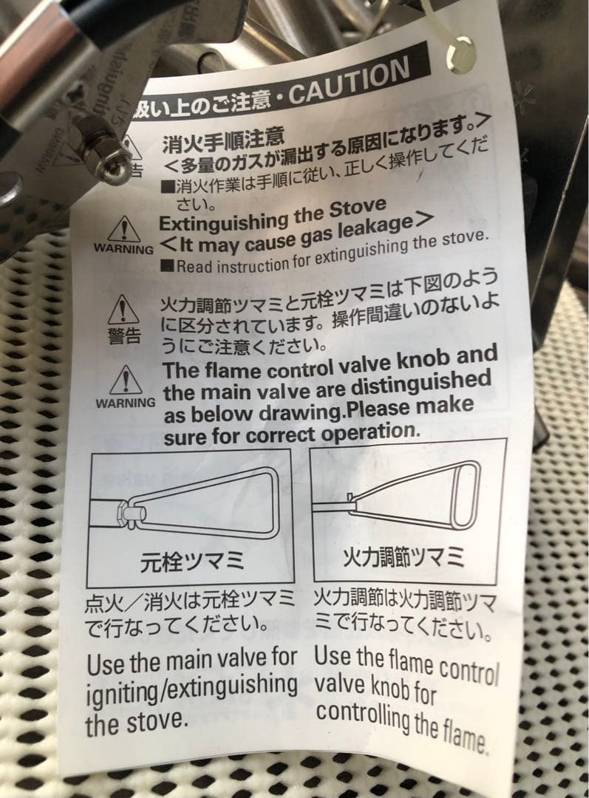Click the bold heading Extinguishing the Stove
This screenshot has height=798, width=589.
[273, 214]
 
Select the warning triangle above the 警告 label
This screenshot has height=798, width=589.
[123, 309]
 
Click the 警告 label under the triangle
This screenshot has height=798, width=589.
[123, 335]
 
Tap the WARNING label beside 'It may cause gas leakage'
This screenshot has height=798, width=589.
[123, 248]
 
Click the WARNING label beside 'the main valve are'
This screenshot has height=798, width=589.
[125, 403]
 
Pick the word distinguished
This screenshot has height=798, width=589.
[429, 382]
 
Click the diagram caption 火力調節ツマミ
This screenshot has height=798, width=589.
[404, 556]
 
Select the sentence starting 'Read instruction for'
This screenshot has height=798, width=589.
[333, 253]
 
